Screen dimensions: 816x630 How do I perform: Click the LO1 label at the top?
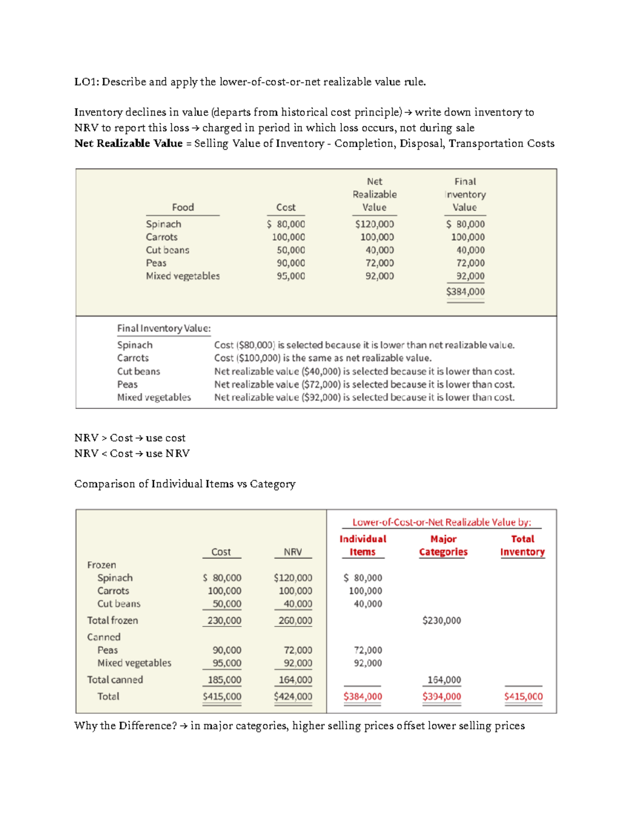86,81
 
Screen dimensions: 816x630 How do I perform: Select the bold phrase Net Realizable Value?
128,143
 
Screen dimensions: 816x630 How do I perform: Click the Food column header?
183,207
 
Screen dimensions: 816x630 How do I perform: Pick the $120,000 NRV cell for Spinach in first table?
374,224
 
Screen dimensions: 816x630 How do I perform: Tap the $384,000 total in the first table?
465,292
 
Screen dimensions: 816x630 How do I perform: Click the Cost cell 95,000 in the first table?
290,276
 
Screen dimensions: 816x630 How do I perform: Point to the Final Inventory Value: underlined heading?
164,328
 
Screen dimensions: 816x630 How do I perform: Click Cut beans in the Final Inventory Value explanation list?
139,371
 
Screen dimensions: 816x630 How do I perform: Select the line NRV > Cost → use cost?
130,438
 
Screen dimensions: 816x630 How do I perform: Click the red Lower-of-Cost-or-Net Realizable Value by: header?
442,522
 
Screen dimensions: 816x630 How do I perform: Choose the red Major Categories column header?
443,545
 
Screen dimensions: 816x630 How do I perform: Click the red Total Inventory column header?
522,545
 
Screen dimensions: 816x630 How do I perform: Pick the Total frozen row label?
112,621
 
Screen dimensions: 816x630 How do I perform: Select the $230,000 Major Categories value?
442,621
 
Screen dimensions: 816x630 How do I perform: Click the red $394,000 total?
442,696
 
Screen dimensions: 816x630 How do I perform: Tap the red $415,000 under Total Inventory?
523,696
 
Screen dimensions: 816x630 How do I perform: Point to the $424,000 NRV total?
293,696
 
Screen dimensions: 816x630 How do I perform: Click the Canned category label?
104,637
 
